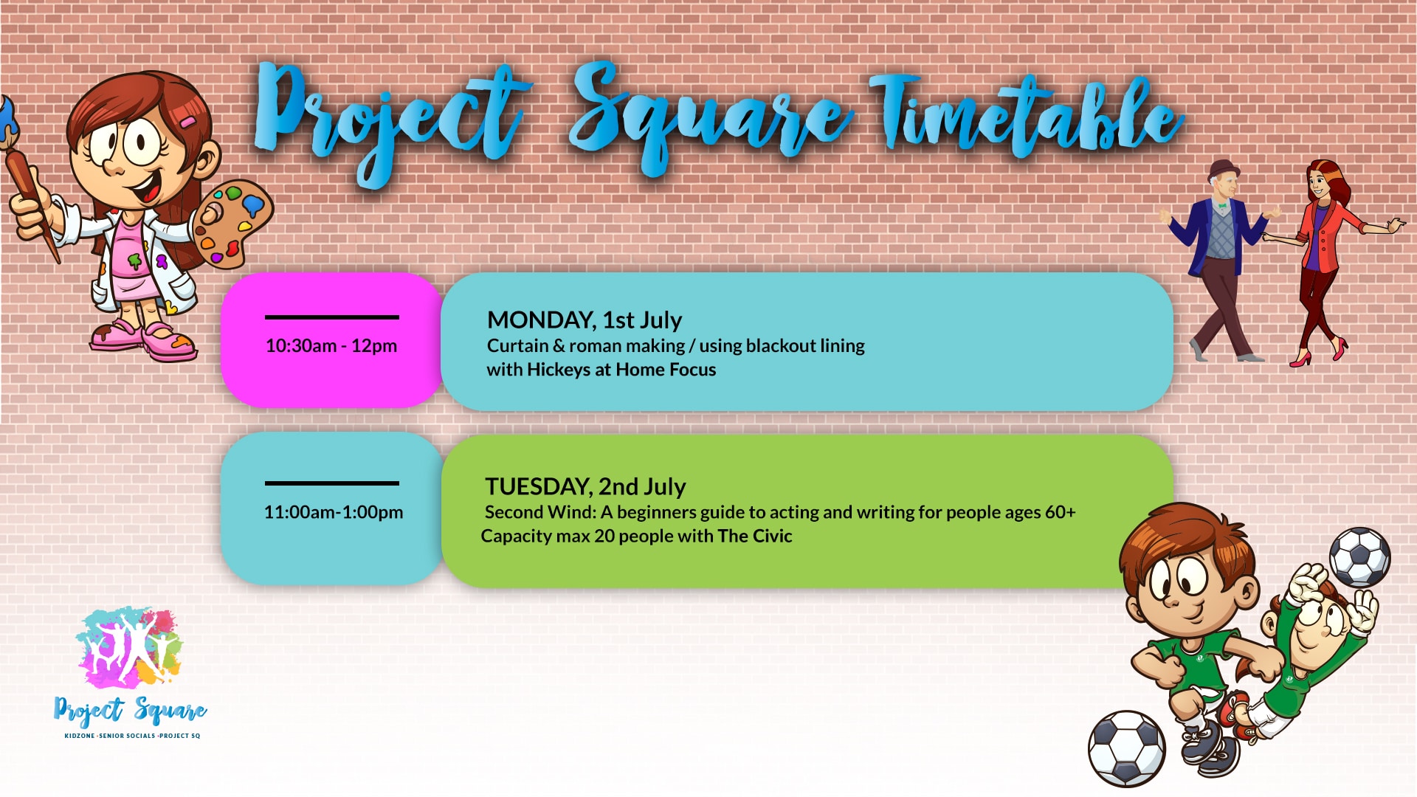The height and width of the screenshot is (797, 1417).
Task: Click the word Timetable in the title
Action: [x=1026, y=118]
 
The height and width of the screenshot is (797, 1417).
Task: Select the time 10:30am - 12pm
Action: [x=331, y=345]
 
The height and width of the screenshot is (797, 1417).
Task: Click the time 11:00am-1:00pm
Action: [x=334, y=511]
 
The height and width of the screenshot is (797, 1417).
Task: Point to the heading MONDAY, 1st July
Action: [x=585, y=320]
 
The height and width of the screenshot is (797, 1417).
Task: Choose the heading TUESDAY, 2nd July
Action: [x=585, y=487]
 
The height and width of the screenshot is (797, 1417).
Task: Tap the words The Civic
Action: [x=755, y=536]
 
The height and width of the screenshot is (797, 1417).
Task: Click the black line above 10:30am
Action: [x=332, y=317]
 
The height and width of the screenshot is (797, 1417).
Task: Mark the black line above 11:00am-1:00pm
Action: [x=332, y=483]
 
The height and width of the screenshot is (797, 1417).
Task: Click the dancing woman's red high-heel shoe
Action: [x=1301, y=361]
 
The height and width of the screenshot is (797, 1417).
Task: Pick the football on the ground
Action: [x=1127, y=748]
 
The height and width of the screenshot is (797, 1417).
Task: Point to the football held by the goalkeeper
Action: [x=1359, y=557]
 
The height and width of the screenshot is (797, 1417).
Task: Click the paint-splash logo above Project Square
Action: [x=129, y=648]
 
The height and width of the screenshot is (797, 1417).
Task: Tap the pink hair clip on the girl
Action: [x=188, y=121]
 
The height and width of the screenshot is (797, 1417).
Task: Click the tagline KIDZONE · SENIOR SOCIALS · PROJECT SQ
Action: [x=132, y=736]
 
